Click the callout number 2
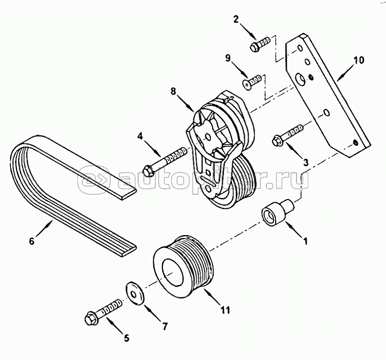pos(236,19)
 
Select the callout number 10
pos(359,60)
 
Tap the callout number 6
pos(32,241)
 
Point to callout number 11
pos(225,310)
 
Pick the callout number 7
pos(165,326)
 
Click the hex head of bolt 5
pos(89,319)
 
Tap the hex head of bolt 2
pos(254,47)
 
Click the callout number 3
pos(305,162)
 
